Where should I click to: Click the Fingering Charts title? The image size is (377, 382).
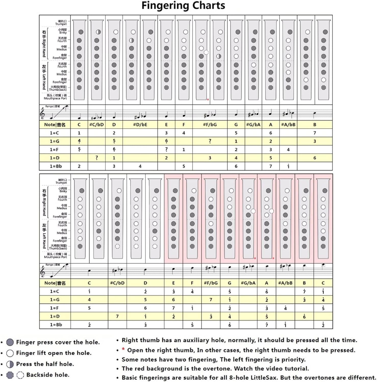[x=183, y=6]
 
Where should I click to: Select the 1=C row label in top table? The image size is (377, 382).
[x=54, y=133]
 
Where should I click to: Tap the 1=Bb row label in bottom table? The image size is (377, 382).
[x=56, y=325]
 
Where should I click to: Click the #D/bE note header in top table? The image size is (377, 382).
[x=140, y=125]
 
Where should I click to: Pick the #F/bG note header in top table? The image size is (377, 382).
[x=210, y=125]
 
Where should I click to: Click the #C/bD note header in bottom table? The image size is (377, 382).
[x=117, y=283]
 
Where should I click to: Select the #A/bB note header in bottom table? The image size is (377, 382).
[x=285, y=283]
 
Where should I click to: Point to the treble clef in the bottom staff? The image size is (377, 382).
[x=43, y=272]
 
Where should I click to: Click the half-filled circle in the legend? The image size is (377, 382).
[x=10, y=364]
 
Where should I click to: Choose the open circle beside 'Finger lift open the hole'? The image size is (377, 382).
[x=10, y=353]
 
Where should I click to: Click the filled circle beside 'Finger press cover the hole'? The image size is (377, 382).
[x=10, y=342]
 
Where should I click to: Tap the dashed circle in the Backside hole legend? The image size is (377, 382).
[x=20, y=375]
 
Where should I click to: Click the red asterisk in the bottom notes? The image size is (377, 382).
[x=123, y=349]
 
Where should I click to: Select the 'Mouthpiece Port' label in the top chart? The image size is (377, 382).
[x=55, y=98]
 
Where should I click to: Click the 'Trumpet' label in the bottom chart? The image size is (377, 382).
[x=61, y=183]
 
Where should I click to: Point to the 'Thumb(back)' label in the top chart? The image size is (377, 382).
[x=58, y=90]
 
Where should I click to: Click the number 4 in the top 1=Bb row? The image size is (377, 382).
[x=140, y=166]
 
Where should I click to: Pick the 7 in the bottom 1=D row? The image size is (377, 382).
[x=117, y=316]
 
